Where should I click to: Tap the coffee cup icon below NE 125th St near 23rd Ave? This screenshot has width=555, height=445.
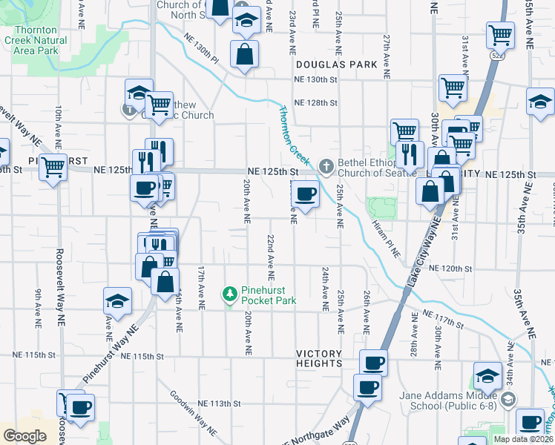click(304, 196)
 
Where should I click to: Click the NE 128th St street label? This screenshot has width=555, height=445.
click(315, 103)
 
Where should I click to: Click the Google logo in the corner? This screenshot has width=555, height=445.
click(24, 436)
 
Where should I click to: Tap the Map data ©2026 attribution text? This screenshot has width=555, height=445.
click(522, 439)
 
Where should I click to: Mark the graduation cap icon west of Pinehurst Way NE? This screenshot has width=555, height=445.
click(117, 301)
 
